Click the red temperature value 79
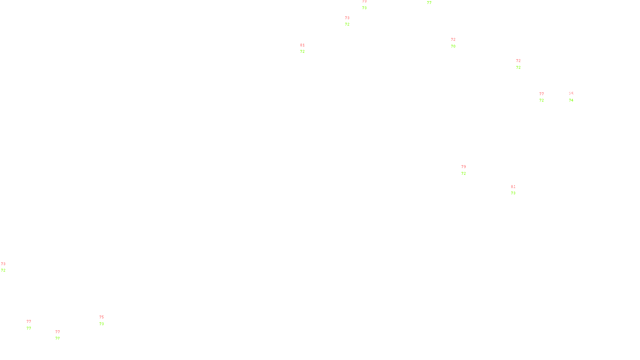click(x=464, y=167)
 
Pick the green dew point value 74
click(x=571, y=100)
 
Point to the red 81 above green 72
click(x=302, y=45)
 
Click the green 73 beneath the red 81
click(x=513, y=193)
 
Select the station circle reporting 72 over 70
click(x=457, y=43)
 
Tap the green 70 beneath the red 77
click(x=58, y=338)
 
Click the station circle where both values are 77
click(x=33, y=325)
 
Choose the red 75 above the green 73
click(x=102, y=317)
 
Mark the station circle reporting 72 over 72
click(x=522, y=64)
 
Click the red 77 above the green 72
click(x=542, y=94)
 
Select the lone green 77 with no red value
click(x=429, y=3)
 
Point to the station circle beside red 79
click(x=467, y=170)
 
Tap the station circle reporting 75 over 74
click(x=575, y=97)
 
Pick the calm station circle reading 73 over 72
click(x=7, y=267)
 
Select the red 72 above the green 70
click(x=453, y=40)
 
